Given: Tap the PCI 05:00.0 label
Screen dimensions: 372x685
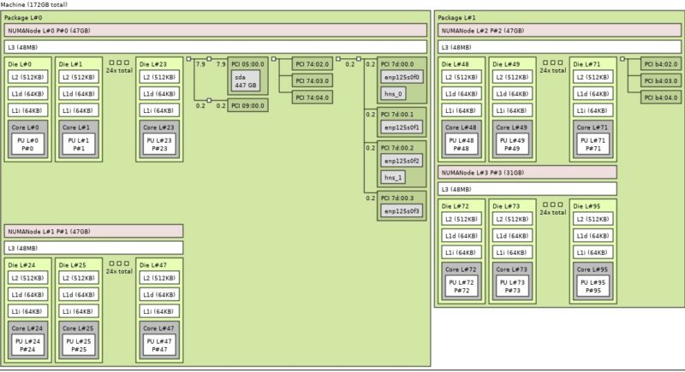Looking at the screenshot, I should pyautogui.click(x=247, y=63).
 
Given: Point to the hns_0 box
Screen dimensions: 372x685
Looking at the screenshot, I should pyautogui.click(x=394, y=93).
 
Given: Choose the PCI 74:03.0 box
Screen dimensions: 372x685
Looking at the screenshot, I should pyautogui.click(x=313, y=80).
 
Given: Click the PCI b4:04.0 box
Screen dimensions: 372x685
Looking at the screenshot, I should pyautogui.click(x=660, y=97).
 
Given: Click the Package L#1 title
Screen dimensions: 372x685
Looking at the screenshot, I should pyautogui.click(x=457, y=17).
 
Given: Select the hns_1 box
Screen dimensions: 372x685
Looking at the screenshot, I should pyautogui.click(x=394, y=177).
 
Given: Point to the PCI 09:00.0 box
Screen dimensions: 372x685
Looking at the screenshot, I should pyautogui.click(x=247, y=105).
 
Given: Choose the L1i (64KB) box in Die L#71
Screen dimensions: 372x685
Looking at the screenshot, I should pyautogui.click(x=592, y=110).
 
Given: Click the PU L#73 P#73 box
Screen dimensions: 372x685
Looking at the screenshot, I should pyautogui.click(x=510, y=286).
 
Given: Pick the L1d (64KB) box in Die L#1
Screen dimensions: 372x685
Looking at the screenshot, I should pyautogui.click(x=76, y=94).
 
